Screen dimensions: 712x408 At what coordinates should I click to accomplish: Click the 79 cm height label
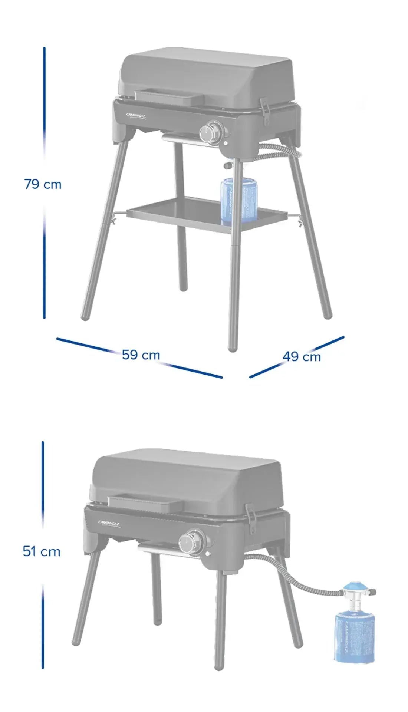(x=43, y=184)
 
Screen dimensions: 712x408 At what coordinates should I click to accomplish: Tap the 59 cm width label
(x=141, y=355)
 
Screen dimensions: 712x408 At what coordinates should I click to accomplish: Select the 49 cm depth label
(x=302, y=356)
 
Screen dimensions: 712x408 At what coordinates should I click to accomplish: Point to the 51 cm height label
(x=42, y=551)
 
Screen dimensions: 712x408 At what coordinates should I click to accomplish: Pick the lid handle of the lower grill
(x=145, y=503)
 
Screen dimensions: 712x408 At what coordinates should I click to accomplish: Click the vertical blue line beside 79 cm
(x=44, y=111)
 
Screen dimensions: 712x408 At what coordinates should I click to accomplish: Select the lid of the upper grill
(x=208, y=74)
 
